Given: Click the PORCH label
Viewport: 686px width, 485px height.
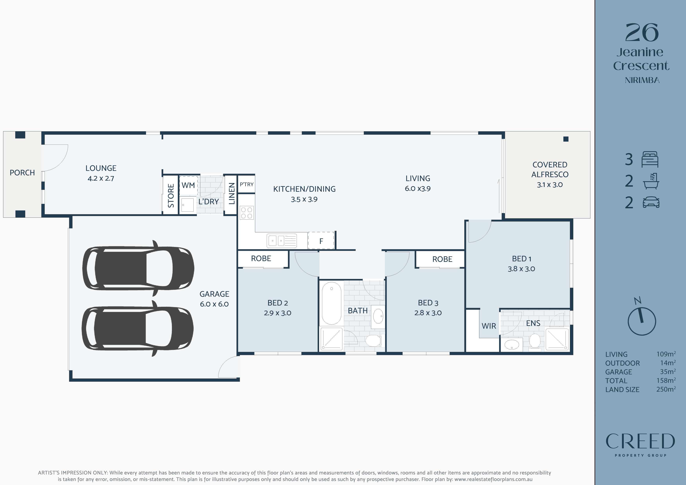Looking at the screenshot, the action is point(22,173).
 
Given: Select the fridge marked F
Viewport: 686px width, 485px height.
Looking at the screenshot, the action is point(321,241).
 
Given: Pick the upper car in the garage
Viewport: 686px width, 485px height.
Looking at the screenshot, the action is point(138,268).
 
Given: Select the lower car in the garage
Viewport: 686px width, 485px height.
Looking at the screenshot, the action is point(138,328).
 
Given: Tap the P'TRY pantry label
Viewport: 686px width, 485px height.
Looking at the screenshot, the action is point(246,184).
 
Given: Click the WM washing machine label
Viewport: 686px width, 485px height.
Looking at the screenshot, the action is point(188,185).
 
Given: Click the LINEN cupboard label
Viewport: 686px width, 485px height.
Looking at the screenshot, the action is point(232,194).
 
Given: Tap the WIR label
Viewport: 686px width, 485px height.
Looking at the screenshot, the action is point(489,326).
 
